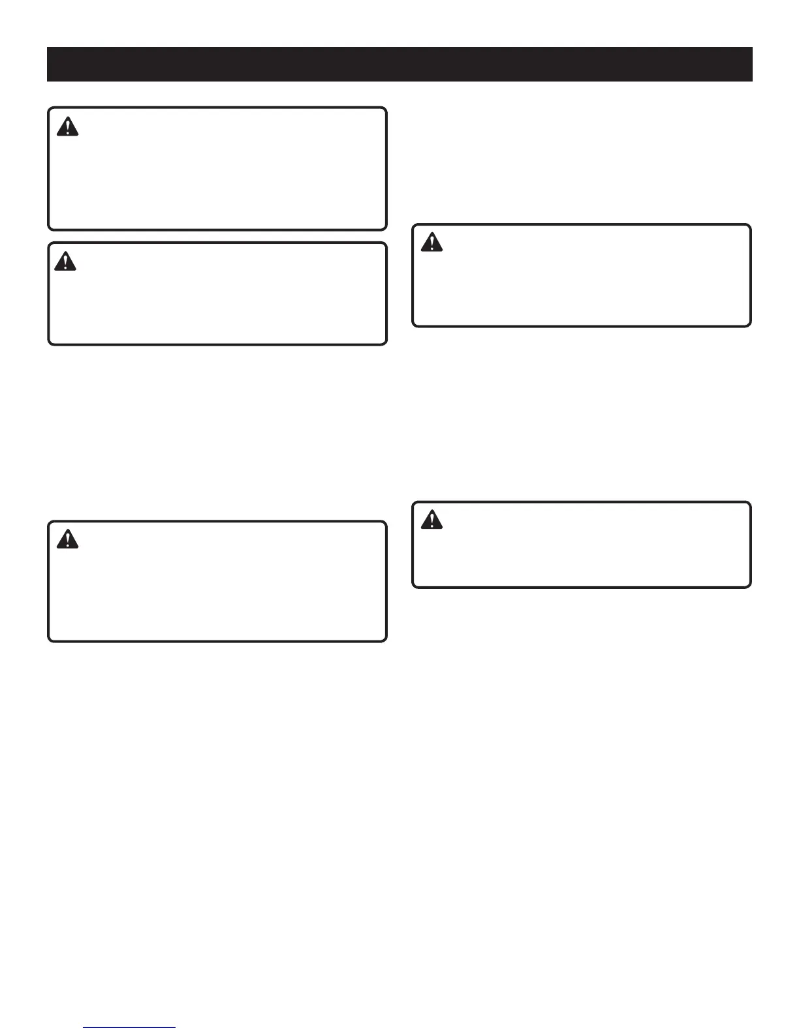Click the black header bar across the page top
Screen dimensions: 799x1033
(399, 64)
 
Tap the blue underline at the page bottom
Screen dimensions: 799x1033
(130, 1028)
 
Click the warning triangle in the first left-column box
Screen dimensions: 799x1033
(67, 127)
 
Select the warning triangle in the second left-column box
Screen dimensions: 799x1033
(66, 262)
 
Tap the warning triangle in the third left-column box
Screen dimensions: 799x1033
(67, 539)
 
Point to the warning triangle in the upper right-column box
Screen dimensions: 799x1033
(431, 243)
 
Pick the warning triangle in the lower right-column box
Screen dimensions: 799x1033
(431, 520)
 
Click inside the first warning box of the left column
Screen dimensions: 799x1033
(217, 169)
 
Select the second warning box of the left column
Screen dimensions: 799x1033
(217, 293)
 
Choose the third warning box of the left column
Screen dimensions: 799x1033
(217, 581)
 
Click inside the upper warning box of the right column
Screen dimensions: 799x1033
(582, 275)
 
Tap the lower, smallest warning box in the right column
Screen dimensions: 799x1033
(582, 545)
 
